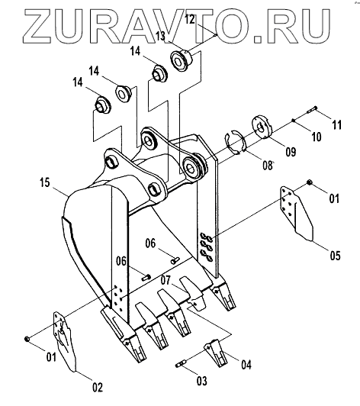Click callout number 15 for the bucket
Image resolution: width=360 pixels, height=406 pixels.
pyautogui.click(x=44, y=182)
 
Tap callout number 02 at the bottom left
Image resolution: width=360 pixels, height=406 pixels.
pyautogui.click(x=98, y=387)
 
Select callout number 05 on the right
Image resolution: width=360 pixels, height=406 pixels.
pyautogui.click(x=335, y=256)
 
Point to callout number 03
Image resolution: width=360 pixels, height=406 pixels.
pyautogui.click(x=202, y=381)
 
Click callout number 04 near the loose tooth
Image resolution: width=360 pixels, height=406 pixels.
pyautogui.click(x=246, y=365)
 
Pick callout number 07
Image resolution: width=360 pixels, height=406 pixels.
pyautogui.click(x=166, y=280)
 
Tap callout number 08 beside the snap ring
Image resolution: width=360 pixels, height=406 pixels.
pyautogui.click(x=268, y=166)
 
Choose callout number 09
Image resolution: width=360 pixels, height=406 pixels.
pyautogui.click(x=291, y=152)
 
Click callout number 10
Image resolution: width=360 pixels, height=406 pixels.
pyautogui.click(x=316, y=137)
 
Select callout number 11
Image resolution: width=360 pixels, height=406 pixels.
pyautogui.click(x=336, y=125)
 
